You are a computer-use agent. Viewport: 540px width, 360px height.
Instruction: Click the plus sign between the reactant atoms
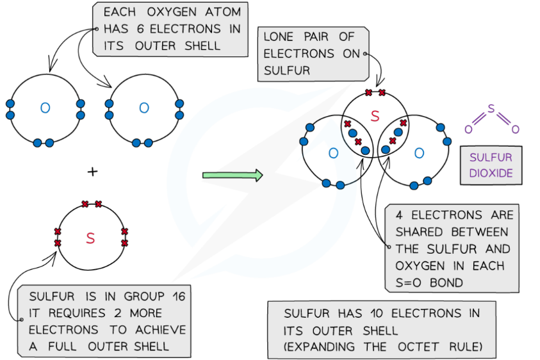click(93, 172)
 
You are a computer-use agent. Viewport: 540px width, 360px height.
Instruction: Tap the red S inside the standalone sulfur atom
click(90, 238)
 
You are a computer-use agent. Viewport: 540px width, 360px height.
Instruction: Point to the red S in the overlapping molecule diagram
click(375, 115)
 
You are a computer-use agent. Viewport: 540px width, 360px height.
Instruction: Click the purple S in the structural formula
click(491, 108)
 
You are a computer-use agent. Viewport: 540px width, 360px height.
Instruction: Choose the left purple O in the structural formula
click(468, 130)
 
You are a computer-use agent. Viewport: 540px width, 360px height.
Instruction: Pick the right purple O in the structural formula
click(515, 130)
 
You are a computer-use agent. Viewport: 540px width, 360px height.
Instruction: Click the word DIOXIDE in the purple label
click(491, 173)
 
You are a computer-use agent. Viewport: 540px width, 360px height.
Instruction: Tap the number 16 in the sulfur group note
click(177, 297)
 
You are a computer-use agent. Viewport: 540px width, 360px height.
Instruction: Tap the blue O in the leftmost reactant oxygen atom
click(44, 108)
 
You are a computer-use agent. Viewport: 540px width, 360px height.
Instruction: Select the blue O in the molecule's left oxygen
click(333, 153)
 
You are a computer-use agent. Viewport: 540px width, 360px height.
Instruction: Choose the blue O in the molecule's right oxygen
click(419, 153)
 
